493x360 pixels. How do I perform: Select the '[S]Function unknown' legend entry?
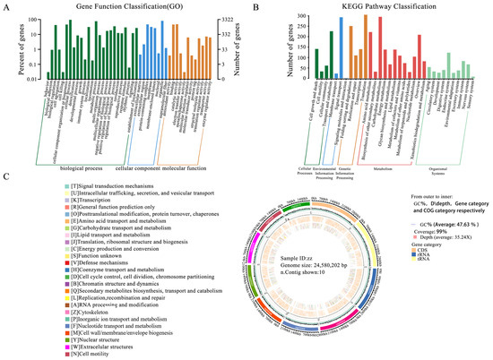[68, 263]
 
